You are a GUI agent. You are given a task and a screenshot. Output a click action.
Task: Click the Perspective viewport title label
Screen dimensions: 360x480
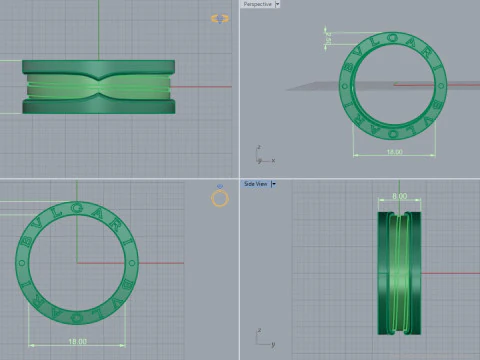(x=257, y=4)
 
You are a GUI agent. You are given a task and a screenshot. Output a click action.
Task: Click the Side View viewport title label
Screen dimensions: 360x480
(x=256, y=184)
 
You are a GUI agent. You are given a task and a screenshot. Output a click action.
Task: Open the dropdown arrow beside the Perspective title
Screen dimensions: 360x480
(x=277, y=4)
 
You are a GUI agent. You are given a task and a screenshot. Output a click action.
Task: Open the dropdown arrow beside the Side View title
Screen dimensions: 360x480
(x=273, y=184)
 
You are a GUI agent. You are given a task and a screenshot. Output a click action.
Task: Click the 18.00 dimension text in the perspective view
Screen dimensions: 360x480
(x=394, y=153)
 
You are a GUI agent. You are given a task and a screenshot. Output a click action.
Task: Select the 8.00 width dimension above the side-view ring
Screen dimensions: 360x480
(x=399, y=197)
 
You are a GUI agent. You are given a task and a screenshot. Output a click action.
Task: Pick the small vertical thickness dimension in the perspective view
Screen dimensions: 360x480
(x=327, y=37)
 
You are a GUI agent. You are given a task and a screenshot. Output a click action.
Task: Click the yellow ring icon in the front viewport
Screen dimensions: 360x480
(x=220, y=198)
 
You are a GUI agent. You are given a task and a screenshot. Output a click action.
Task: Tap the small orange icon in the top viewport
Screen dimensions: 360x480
(x=220, y=18)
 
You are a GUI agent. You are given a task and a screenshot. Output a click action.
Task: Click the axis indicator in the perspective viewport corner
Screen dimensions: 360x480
(x=259, y=155)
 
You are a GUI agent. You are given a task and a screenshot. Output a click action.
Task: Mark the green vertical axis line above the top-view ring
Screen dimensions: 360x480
(x=99, y=30)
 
